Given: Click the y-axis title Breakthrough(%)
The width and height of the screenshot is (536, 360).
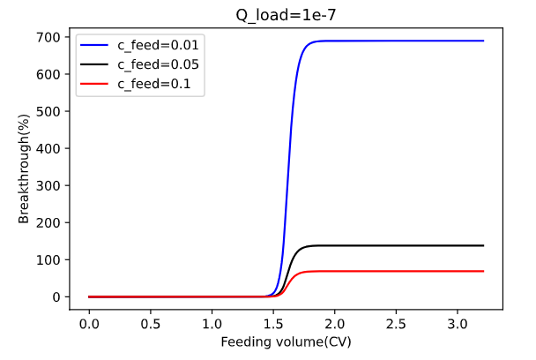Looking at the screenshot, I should [25, 169].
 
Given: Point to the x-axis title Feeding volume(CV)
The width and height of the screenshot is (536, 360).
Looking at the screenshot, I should [287, 341].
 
